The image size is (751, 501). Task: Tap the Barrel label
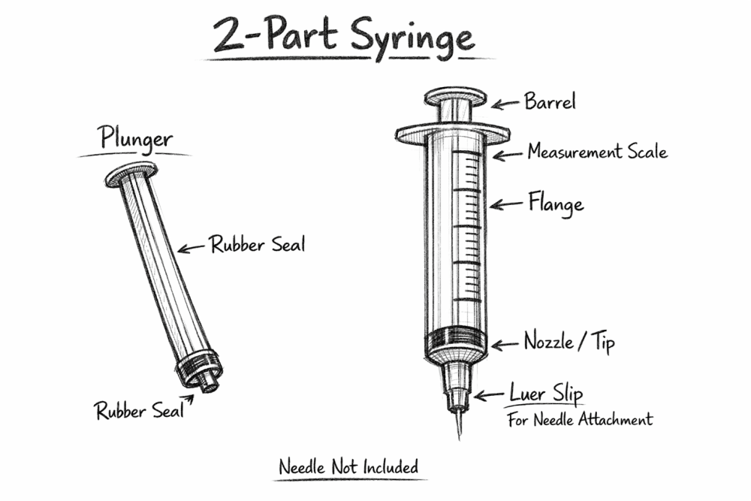[549, 102]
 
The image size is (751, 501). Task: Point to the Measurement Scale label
[596, 152]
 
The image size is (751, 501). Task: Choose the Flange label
[555, 204]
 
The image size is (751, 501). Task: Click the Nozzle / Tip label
[569, 343]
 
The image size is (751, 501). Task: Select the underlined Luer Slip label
[546, 394]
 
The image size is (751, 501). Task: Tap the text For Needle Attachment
[580, 419]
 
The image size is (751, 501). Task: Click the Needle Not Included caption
[348, 466]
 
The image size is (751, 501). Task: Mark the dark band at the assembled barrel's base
[455, 342]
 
